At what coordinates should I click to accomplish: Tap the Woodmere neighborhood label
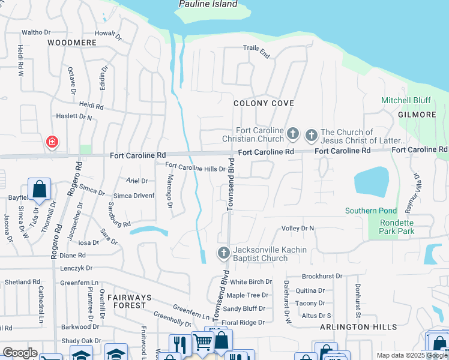(71, 43)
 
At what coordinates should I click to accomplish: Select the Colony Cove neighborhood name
(264, 103)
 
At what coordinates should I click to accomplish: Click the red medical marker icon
(52, 142)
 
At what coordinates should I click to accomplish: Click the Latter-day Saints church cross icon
(311, 135)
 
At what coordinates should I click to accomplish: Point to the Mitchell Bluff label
(405, 100)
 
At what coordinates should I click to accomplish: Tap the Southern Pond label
(370, 211)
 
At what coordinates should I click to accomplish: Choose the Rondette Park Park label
(388, 227)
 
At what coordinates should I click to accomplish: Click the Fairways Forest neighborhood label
(119, 301)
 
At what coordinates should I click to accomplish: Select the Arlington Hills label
(358, 327)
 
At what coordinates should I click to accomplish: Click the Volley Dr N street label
(298, 229)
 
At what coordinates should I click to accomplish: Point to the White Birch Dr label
(251, 282)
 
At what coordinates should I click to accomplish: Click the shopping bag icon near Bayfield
(39, 188)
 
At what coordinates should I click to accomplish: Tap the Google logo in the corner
(20, 353)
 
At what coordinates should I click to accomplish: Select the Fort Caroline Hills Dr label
(195, 169)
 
